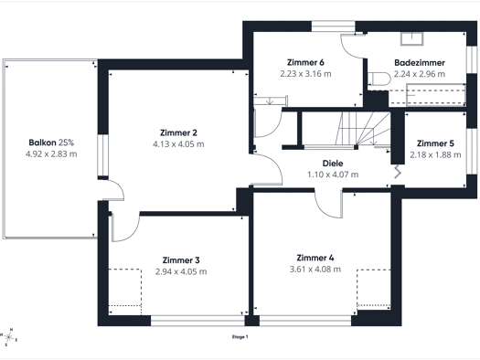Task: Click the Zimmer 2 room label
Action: click(x=178, y=132)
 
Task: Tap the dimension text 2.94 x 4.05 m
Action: click(x=181, y=271)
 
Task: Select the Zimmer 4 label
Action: click(x=315, y=258)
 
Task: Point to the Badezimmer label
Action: click(x=420, y=63)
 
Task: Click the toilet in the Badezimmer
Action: click(x=379, y=79)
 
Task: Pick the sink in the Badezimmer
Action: click(x=411, y=39)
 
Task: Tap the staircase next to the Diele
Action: click(x=363, y=128)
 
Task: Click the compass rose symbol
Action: click(x=8, y=337)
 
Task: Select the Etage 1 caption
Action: click(x=240, y=337)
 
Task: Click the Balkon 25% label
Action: click(x=51, y=143)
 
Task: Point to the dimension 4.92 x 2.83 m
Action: click(x=51, y=154)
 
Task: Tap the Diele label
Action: click(x=333, y=164)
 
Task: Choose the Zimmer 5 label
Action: click(x=435, y=143)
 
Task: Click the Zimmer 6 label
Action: click(x=305, y=62)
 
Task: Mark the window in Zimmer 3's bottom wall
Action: click(x=197, y=321)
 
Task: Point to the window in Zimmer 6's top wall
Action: click(x=334, y=26)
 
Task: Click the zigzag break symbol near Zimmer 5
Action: click(x=398, y=172)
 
